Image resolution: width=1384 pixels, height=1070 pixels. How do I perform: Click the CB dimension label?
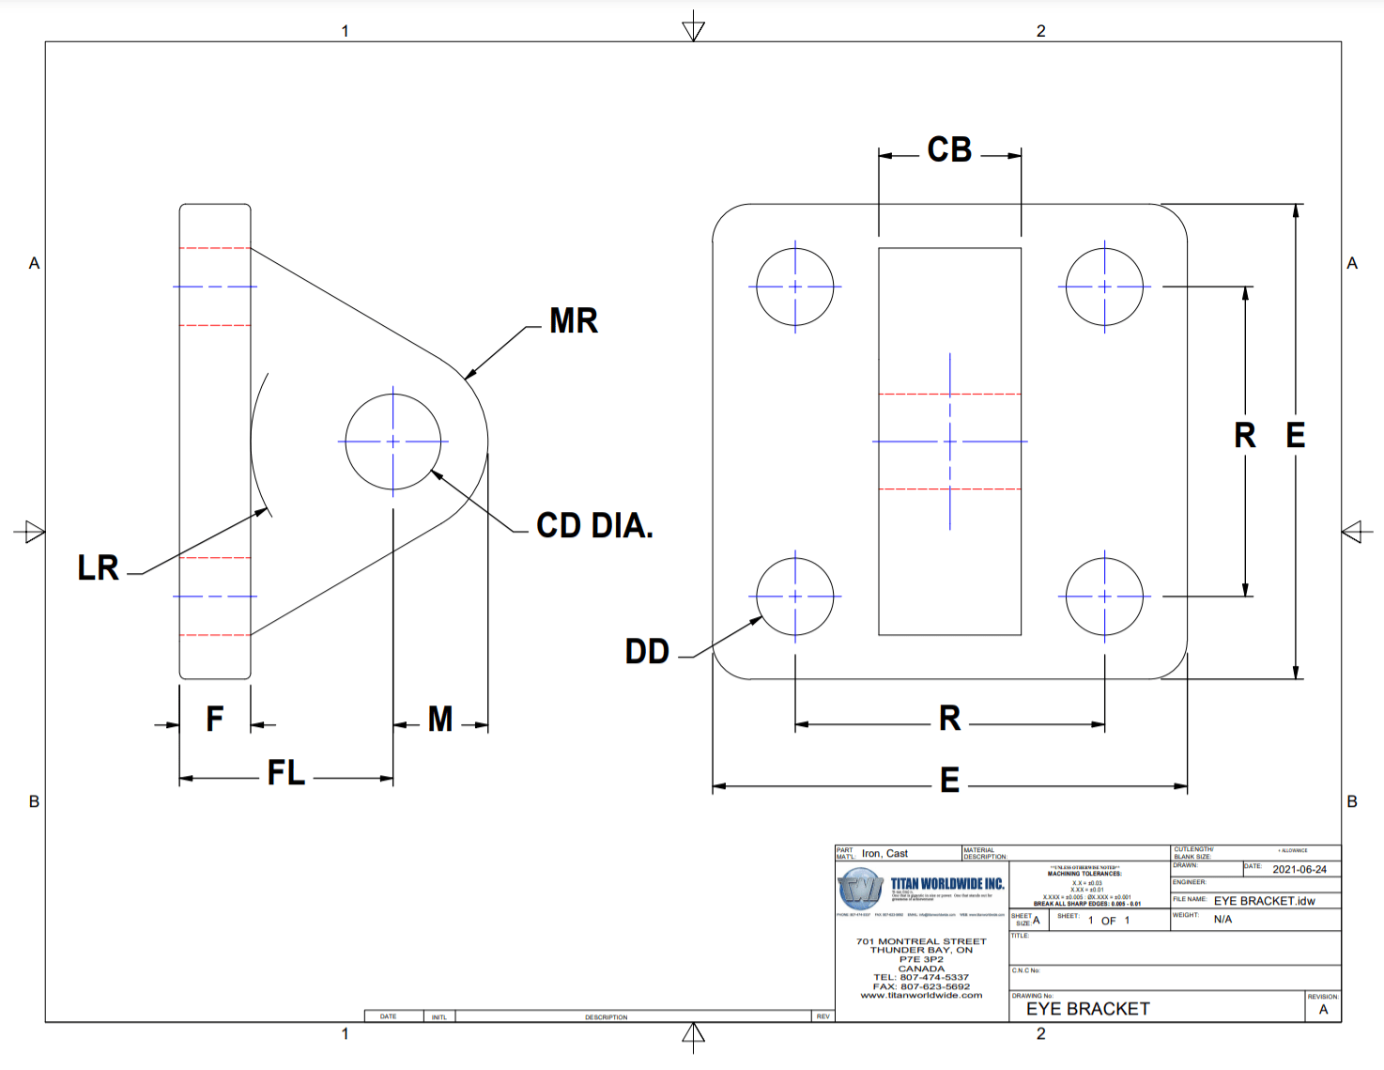(x=949, y=150)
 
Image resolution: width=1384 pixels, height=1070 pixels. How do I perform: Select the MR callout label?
(x=573, y=321)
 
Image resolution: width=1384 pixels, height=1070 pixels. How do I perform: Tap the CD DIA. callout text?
(x=594, y=526)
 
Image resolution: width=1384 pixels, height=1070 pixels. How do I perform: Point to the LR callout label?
(x=98, y=568)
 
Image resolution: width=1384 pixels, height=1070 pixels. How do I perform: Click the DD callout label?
(x=647, y=652)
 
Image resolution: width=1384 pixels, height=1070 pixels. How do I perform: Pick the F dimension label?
(x=215, y=720)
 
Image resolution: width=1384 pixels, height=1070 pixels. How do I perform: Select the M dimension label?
(x=440, y=720)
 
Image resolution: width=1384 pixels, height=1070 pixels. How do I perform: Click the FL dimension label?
(x=286, y=773)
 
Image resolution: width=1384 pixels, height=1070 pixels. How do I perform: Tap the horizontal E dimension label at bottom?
(x=949, y=781)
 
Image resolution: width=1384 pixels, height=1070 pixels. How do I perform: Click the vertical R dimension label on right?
(x=1244, y=436)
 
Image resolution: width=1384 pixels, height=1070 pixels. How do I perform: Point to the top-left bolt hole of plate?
(x=795, y=287)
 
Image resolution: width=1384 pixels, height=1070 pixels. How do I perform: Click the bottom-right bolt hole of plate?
(x=1104, y=597)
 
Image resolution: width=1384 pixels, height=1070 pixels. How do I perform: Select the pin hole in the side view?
(x=392, y=442)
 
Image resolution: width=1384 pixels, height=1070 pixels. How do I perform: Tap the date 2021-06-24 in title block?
(x=1299, y=870)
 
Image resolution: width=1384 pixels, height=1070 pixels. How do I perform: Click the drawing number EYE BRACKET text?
(x=1087, y=1009)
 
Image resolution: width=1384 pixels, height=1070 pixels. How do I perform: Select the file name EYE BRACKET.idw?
(x=1264, y=901)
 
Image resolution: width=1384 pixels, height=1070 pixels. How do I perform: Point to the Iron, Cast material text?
(x=884, y=854)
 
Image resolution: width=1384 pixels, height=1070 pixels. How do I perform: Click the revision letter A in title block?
(x=1323, y=1010)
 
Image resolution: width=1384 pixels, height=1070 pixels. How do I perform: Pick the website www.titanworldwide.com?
(x=921, y=996)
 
